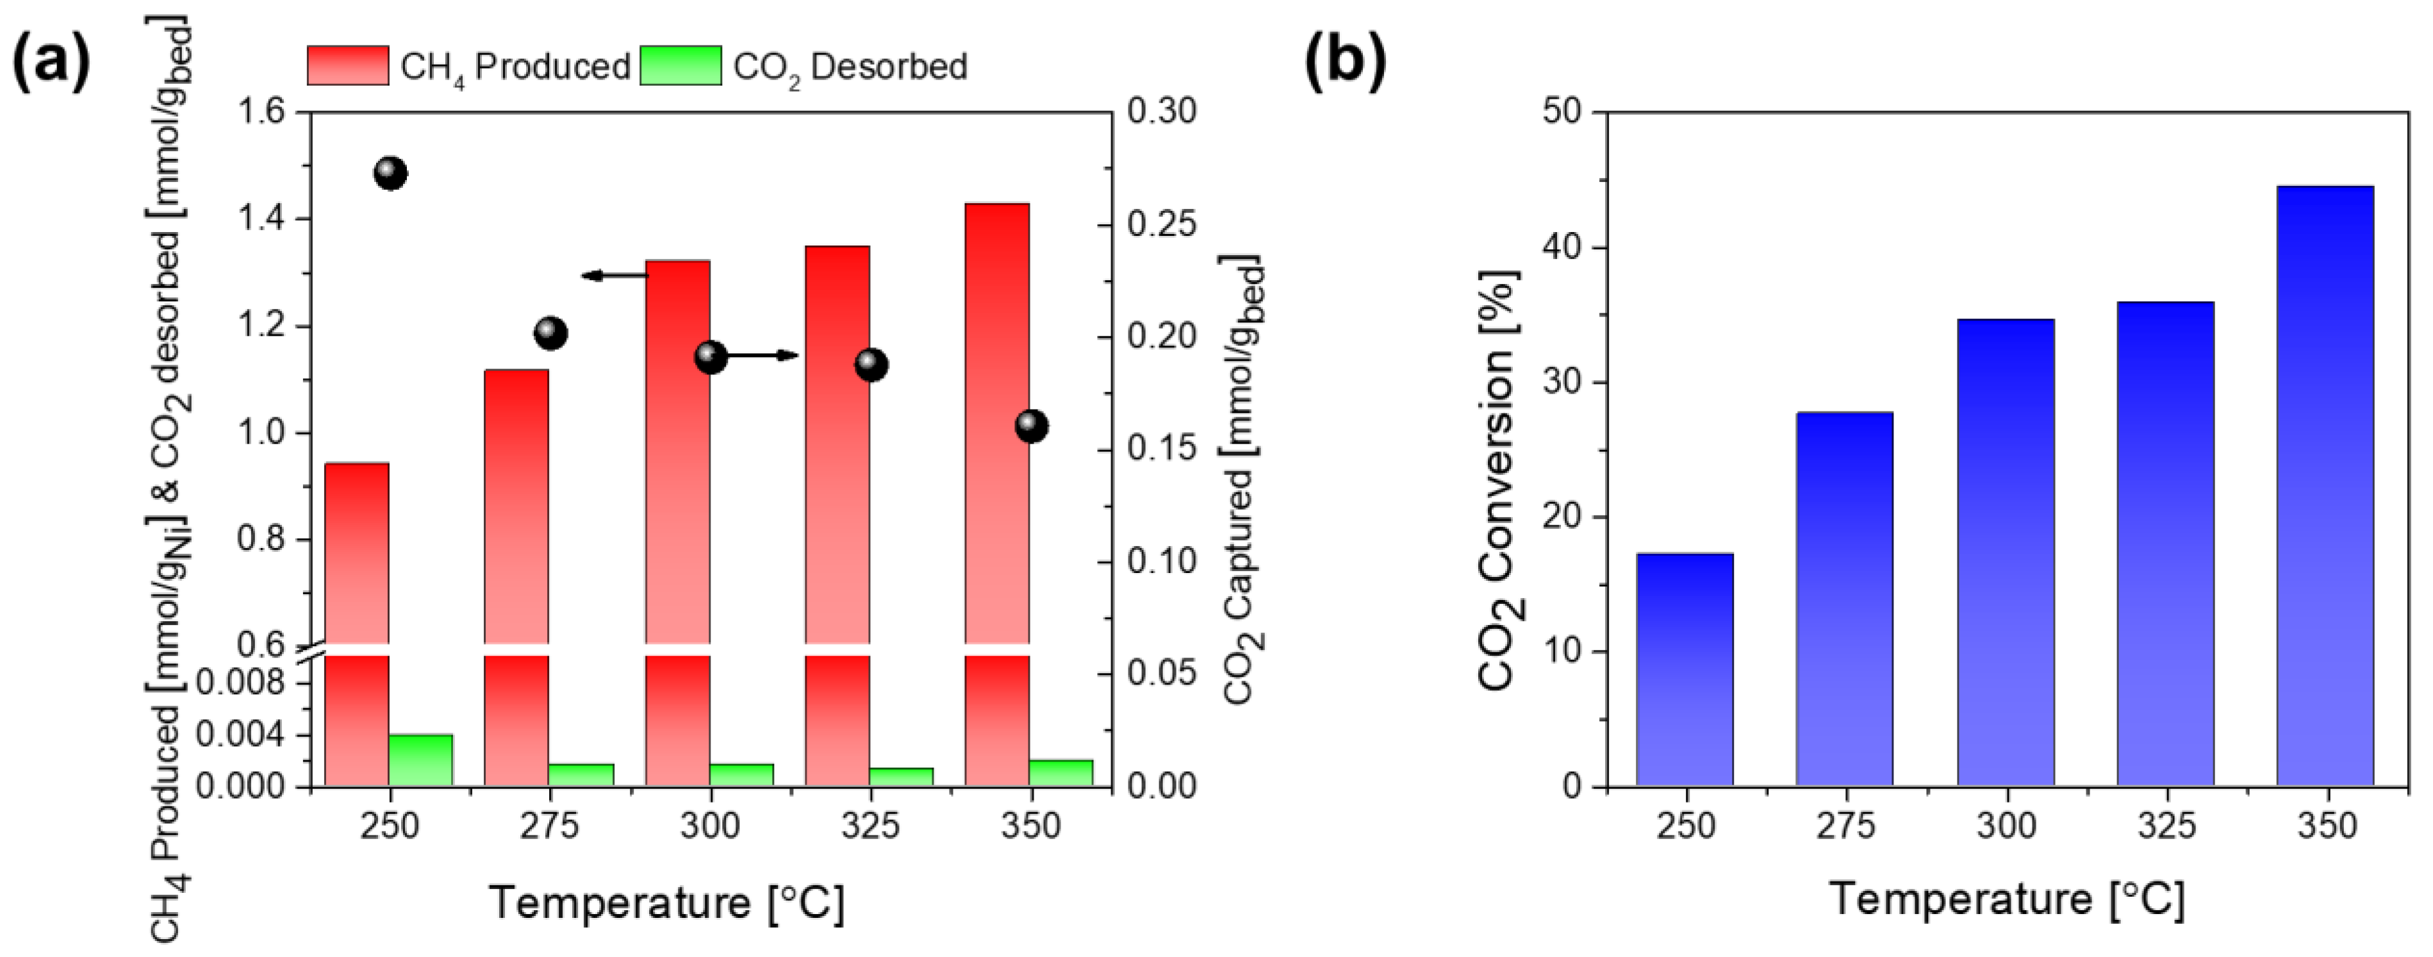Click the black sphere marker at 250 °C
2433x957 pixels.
(390, 174)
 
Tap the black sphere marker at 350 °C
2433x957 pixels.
(1032, 426)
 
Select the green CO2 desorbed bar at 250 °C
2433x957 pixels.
(421, 760)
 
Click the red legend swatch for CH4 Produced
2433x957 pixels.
(347, 66)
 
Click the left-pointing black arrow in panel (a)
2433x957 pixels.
(614, 275)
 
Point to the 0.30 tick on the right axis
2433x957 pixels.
(1161, 112)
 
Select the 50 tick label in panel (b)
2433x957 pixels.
(1560, 112)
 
